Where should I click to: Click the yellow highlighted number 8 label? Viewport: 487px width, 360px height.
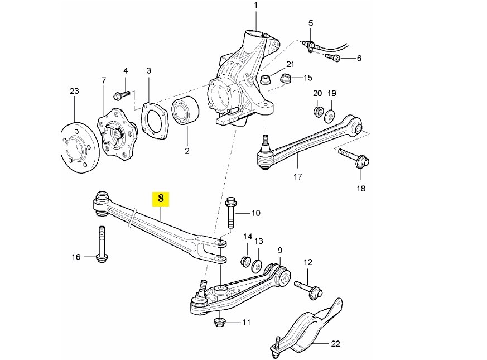click(x=161, y=198)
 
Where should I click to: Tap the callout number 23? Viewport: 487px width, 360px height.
click(x=74, y=91)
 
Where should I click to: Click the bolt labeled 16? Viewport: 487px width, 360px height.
click(x=103, y=244)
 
